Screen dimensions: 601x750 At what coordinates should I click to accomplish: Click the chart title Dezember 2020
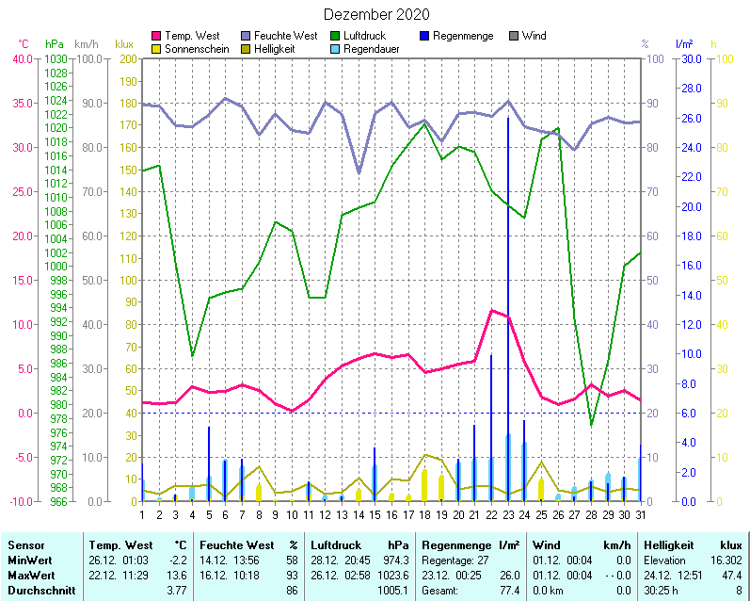tap(376, 14)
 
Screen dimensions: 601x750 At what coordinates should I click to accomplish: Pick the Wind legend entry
tap(533, 36)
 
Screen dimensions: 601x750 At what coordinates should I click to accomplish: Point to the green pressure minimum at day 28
tap(591, 425)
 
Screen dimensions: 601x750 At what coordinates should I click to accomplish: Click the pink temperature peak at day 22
tap(491, 310)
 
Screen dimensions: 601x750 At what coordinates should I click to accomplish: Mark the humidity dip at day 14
tap(358, 172)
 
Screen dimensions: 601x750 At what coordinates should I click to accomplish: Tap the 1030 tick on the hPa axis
tap(55, 58)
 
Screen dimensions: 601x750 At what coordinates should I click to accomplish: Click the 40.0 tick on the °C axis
tap(21, 58)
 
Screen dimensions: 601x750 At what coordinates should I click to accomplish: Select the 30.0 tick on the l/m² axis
tap(690, 58)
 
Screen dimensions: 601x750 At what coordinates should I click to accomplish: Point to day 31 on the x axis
tap(641, 513)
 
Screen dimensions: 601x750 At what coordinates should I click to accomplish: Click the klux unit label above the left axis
tap(123, 44)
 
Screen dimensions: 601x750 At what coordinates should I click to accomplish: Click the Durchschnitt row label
tap(39, 590)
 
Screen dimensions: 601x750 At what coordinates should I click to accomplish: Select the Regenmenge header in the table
tap(457, 544)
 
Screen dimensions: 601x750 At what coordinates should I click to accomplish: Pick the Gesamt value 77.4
tap(509, 590)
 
